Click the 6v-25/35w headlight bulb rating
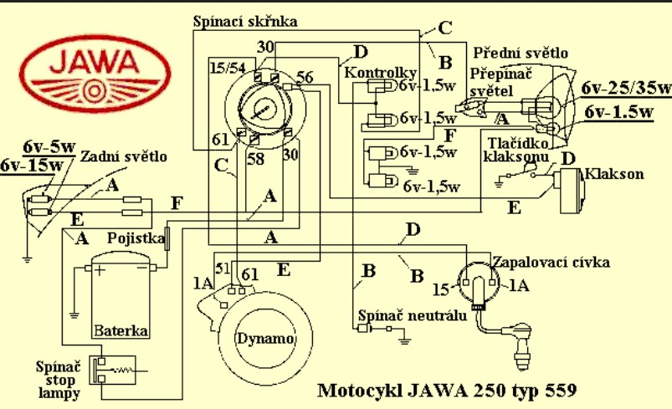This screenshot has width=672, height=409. tap(627, 88)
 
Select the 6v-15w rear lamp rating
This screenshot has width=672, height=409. tap(32, 164)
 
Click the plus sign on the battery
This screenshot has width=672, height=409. tap(98, 270)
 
